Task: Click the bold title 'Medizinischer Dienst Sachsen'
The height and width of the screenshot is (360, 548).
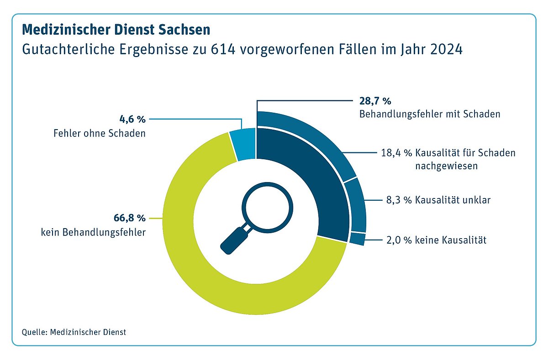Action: click(116, 30)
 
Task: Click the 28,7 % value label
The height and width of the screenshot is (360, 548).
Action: click(373, 101)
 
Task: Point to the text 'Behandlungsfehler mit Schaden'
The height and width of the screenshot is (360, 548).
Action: click(429, 114)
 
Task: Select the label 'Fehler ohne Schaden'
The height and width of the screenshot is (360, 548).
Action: click(106, 134)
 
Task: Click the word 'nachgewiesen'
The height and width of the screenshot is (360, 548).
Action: click(446, 166)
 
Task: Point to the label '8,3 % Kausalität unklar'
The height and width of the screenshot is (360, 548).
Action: click(436, 200)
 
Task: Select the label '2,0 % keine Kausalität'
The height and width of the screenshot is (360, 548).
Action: click(433, 239)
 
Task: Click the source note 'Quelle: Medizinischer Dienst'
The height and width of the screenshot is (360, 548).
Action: click(74, 332)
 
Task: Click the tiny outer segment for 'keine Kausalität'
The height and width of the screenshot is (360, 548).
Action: click(358, 239)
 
